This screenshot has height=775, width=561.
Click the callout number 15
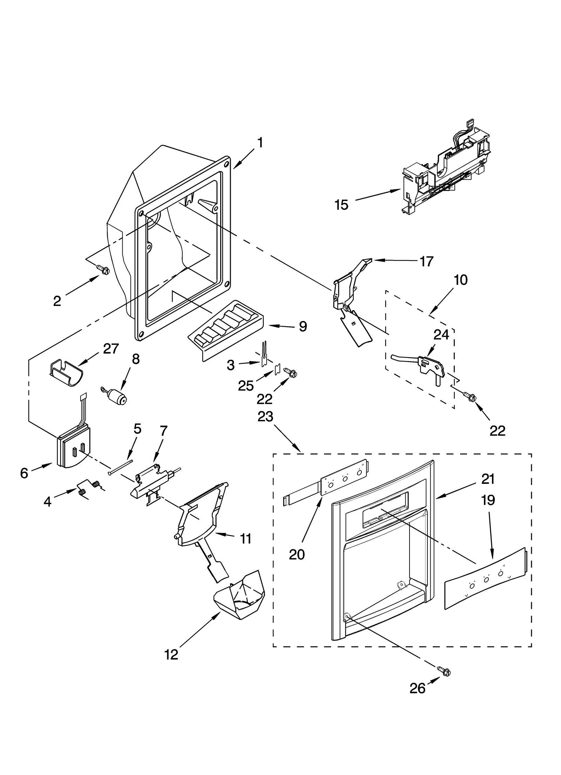341,205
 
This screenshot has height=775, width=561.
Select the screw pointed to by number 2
104,269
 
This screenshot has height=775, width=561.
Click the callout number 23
265,417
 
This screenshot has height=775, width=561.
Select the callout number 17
426,261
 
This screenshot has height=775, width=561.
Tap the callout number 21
488,479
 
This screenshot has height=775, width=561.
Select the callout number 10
460,280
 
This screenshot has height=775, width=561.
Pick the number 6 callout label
24,473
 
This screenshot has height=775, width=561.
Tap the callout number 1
260,143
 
